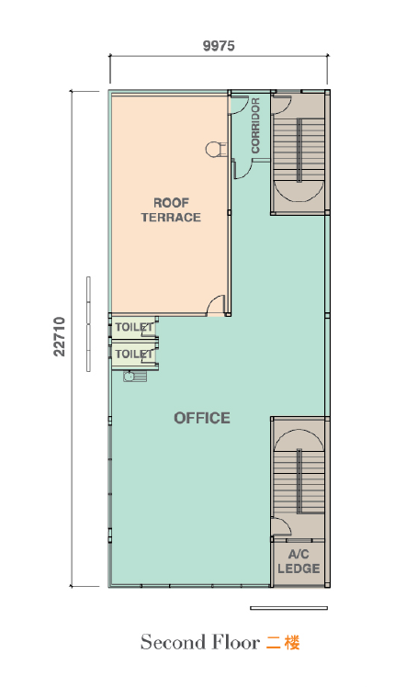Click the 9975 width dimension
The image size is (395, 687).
[219, 46]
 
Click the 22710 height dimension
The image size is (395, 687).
[59, 336]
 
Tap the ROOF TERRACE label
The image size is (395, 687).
[171, 210]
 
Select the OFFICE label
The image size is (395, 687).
[202, 418]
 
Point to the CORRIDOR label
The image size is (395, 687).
[255, 125]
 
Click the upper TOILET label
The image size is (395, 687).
[135, 327]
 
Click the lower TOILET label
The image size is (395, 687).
[135, 354]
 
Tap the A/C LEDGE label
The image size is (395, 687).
[299, 562]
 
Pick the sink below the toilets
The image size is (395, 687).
[135, 377]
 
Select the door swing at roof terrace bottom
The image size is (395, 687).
[216, 305]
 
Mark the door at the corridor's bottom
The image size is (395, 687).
[243, 169]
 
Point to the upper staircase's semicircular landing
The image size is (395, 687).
[299, 191]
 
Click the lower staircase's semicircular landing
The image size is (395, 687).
[299, 439]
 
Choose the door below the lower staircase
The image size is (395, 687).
[280, 525]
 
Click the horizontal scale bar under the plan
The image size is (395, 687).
[289, 608]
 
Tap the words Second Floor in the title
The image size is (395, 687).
[200, 642]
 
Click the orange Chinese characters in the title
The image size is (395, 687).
[283, 643]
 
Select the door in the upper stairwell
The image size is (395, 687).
[281, 105]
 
